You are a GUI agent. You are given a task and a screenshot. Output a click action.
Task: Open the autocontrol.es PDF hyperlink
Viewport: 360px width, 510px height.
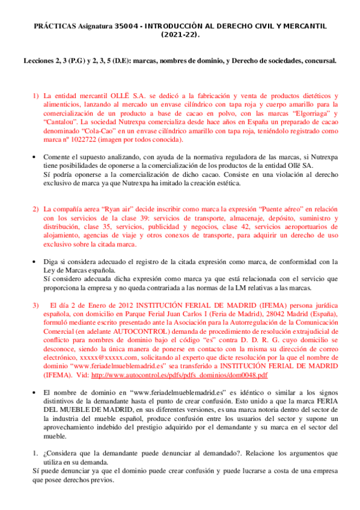[180, 375]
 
